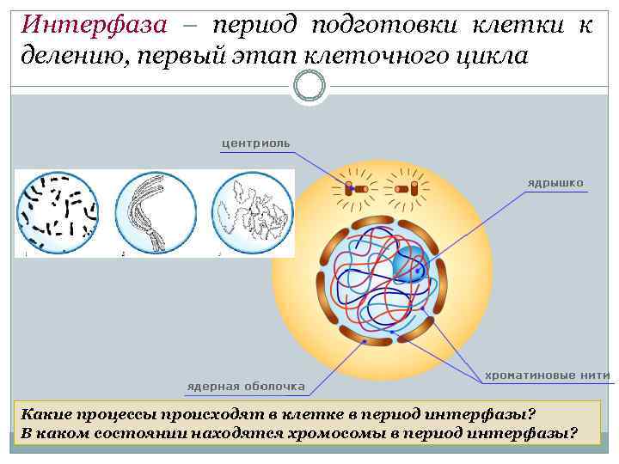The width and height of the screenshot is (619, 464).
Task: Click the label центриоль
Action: (x=255, y=143)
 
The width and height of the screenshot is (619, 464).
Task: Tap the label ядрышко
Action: (x=555, y=183)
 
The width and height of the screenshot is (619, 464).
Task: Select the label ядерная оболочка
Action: (x=246, y=385)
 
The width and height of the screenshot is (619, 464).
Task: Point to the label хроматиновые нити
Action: (x=548, y=375)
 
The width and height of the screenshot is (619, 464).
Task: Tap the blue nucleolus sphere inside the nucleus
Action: (x=410, y=263)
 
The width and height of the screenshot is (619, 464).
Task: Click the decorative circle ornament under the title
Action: (x=309, y=85)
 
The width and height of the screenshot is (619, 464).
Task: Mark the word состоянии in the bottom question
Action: (x=138, y=432)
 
